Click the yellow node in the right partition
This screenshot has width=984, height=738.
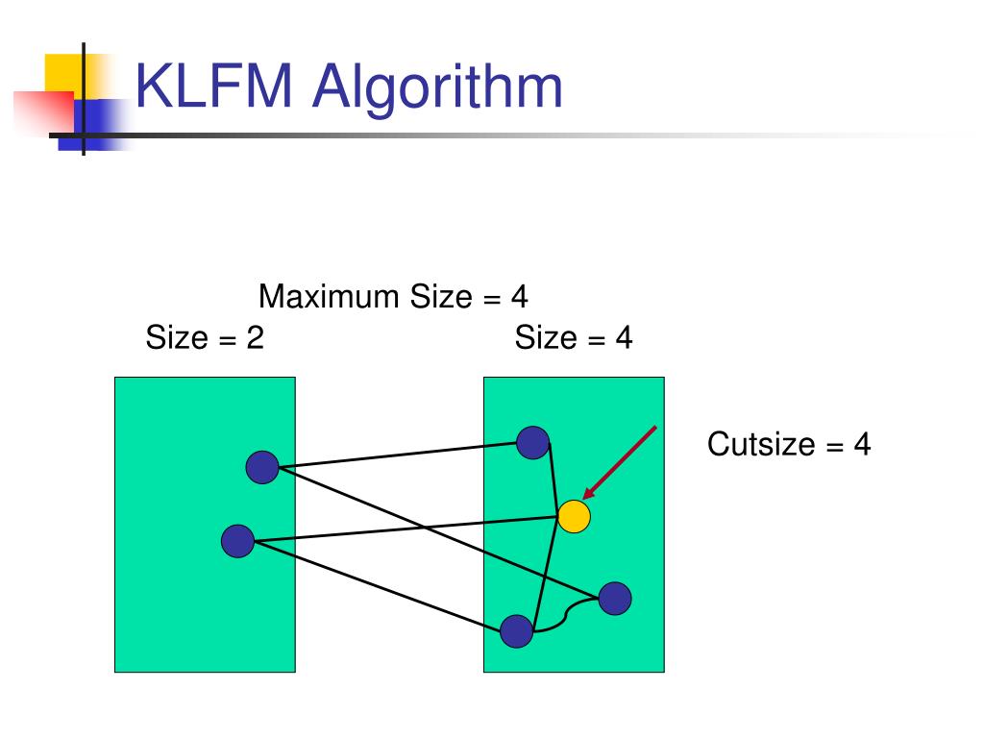coord(574,517)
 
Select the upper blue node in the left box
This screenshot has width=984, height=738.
coord(261,467)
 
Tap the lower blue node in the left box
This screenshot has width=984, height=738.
coord(237,541)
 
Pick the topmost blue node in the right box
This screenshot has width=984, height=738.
coord(532,442)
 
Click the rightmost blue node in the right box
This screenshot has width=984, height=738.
coord(615,599)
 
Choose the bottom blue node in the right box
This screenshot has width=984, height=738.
coord(516,631)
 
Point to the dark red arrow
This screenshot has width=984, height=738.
coord(621,462)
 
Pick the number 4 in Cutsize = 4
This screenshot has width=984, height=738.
coord(861,444)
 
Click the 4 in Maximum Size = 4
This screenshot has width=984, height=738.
coord(519,296)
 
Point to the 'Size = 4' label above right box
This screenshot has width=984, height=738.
coord(573,338)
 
